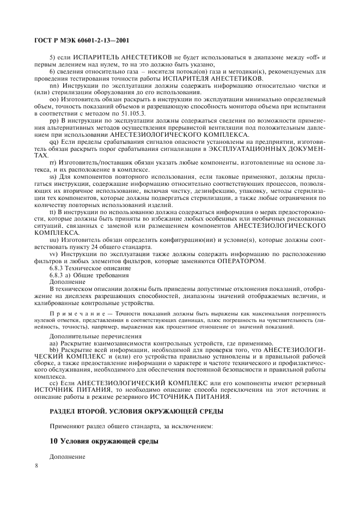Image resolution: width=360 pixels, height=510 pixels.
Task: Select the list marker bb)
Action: [54, 351]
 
